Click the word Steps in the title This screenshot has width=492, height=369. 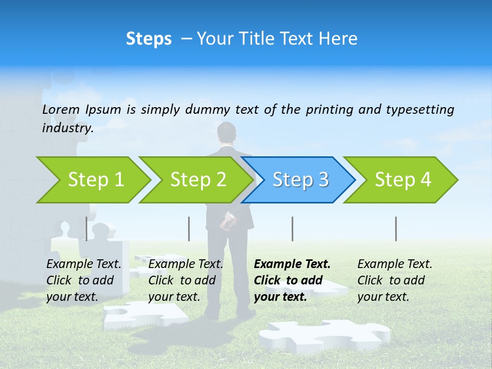tap(149, 39)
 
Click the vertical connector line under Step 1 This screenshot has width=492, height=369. tap(86, 229)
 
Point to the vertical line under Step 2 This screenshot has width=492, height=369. tap(189, 229)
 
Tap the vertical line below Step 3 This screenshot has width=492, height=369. tap(292, 229)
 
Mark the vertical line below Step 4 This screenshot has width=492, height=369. tap(396, 229)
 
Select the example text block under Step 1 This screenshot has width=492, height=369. tap(84, 280)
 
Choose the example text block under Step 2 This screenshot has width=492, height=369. tap(186, 280)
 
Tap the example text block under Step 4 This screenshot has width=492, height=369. tap(395, 280)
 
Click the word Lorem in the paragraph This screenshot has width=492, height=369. tap(61, 109)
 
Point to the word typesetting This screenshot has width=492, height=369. tap(420, 110)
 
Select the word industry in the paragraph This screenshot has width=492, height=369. tap(67, 128)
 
